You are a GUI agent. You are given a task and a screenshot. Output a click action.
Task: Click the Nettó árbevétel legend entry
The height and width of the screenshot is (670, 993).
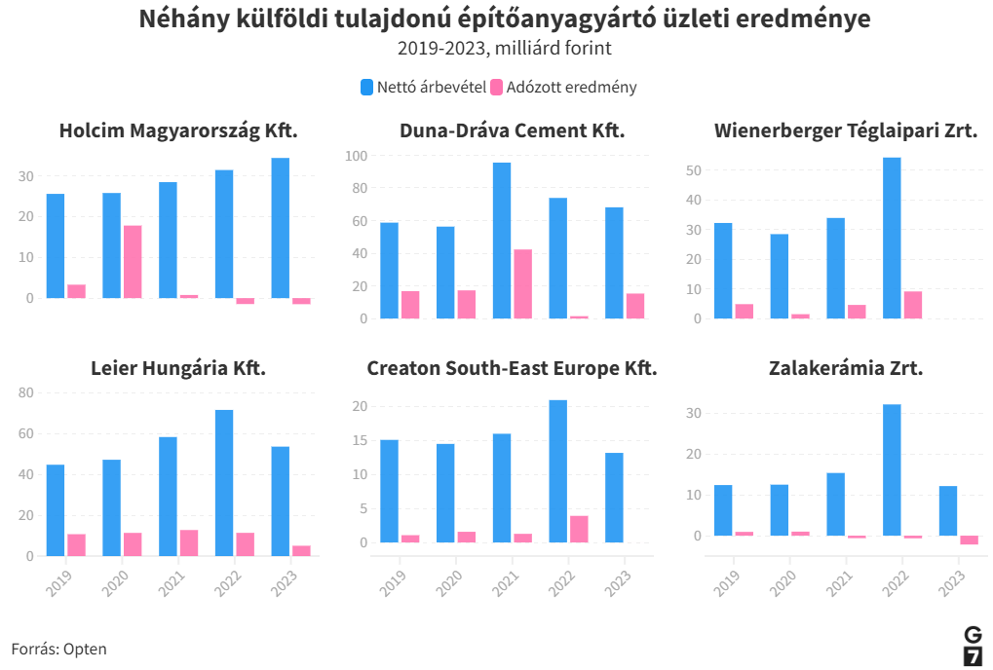click(x=423, y=87)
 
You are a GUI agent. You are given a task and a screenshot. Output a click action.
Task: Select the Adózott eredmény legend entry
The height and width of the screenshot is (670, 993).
click(x=563, y=87)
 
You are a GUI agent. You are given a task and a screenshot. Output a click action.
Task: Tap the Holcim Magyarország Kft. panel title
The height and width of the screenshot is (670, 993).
click(x=178, y=131)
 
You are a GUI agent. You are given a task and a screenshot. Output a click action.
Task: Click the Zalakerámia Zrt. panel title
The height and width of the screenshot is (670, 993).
click(x=845, y=369)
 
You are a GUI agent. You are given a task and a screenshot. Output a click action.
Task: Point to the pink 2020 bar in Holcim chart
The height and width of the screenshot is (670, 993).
click(x=133, y=261)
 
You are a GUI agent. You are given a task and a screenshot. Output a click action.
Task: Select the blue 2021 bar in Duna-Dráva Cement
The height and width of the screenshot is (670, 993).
click(x=502, y=241)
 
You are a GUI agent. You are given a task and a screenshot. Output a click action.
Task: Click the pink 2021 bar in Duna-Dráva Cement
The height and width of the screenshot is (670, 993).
click(x=523, y=283)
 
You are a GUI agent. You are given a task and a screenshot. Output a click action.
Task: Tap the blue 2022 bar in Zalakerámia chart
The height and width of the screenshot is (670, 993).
click(x=892, y=469)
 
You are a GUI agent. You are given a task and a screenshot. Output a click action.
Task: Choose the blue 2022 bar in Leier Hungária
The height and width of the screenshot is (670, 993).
click(x=224, y=483)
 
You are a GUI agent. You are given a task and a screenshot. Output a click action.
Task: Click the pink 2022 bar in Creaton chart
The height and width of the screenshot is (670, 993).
click(x=579, y=529)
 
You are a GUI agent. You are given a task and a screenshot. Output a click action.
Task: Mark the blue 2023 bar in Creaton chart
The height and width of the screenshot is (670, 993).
click(x=614, y=498)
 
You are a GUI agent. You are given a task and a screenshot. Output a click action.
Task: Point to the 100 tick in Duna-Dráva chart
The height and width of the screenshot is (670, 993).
click(x=356, y=156)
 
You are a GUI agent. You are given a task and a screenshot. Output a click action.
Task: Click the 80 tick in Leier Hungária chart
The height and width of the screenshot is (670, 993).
click(x=26, y=392)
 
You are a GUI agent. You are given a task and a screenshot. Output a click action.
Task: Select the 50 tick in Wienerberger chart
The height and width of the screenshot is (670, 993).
click(x=694, y=170)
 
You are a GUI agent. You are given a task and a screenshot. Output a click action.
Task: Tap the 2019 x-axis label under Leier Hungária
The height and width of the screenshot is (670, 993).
click(x=60, y=582)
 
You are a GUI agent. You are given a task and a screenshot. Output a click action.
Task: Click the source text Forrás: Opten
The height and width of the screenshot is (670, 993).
click(x=59, y=649)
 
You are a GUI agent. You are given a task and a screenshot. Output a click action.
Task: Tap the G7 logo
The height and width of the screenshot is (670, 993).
click(x=973, y=646)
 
